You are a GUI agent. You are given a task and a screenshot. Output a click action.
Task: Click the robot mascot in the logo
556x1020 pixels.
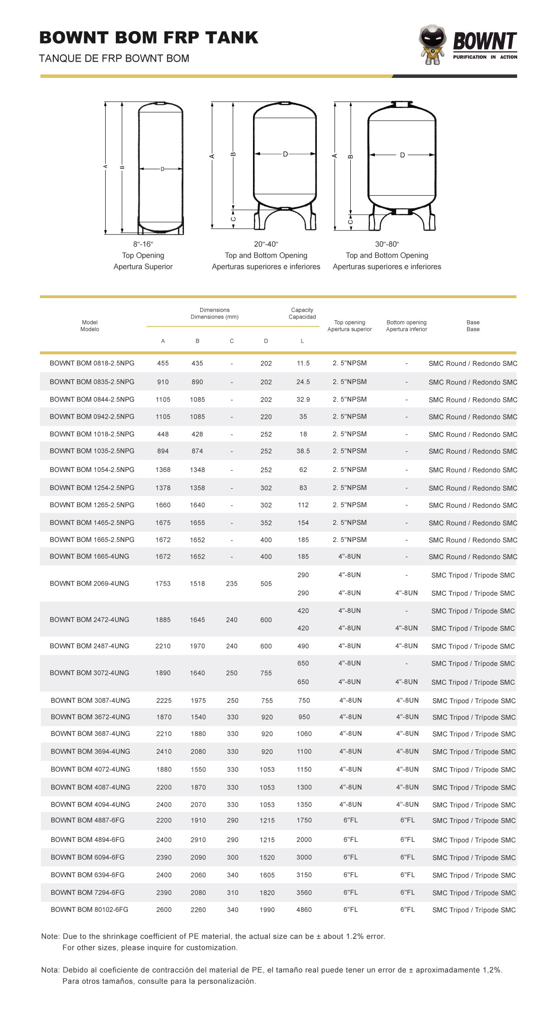[x=433, y=45]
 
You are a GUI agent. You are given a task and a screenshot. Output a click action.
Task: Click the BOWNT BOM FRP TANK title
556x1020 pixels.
[x=149, y=38]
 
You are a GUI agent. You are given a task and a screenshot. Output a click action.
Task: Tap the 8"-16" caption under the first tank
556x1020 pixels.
[x=143, y=244]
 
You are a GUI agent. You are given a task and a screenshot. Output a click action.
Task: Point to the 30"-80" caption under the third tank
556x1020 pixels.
[x=387, y=244]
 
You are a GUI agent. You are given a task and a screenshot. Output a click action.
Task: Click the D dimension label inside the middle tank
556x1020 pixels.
[x=285, y=154]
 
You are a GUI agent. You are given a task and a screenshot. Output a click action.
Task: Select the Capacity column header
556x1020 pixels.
[x=302, y=313]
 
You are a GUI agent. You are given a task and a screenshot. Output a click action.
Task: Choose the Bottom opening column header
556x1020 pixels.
[x=406, y=325]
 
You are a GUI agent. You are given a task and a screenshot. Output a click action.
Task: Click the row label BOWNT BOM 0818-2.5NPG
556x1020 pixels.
[x=92, y=363]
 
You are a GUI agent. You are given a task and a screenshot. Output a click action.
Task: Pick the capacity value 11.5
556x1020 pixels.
[x=303, y=363]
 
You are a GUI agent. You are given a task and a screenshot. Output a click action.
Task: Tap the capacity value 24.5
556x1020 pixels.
[x=303, y=382]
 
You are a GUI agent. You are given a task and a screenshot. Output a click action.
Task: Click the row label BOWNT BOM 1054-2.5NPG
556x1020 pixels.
[x=92, y=470]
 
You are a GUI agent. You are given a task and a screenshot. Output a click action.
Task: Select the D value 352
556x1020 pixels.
[x=266, y=523]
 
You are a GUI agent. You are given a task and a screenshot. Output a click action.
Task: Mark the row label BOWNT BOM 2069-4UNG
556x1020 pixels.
[x=89, y=584]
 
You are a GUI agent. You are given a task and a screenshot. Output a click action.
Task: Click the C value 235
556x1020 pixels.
[x=232, y=584]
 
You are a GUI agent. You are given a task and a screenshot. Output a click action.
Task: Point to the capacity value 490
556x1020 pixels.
[x=303, y=646]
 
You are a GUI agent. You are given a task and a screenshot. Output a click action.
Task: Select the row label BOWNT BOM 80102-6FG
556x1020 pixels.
[x=89, y=910]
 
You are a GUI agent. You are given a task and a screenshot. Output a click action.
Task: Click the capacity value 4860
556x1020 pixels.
[x=304, y=910]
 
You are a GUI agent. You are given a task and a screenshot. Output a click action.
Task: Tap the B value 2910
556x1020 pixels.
[x=198, y=840]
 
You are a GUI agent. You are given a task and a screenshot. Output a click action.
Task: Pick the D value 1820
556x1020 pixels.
[x=267, y=892]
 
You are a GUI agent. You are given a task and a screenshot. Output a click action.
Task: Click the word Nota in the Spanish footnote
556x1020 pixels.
[x=50, y=970]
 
